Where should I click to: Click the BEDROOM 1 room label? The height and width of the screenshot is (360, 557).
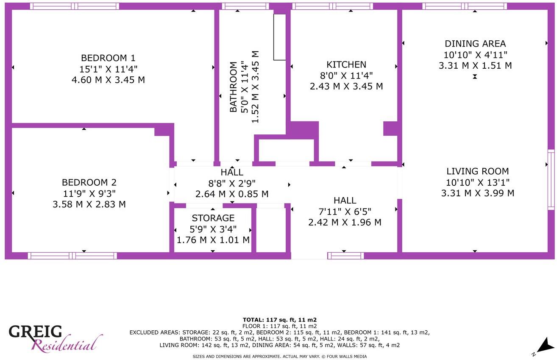(108, 58)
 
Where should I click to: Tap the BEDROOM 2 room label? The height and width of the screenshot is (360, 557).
(89, 182)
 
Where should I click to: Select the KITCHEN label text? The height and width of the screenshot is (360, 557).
(346, 64)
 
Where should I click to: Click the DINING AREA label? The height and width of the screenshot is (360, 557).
(475, 44)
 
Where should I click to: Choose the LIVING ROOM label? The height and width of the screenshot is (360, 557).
(477, 171)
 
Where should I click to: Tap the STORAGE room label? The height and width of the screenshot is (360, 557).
(213, 218)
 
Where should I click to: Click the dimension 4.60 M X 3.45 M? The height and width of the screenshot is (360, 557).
(108, 80)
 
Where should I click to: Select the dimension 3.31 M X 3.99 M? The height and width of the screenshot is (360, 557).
(477, 193)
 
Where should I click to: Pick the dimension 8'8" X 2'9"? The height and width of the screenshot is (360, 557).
(232, 183)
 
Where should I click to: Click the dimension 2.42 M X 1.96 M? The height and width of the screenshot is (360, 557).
(345, 222)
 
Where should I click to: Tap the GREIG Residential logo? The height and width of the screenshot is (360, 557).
(55, 338)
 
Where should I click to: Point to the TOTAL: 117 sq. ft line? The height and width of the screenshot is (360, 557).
(280, 320)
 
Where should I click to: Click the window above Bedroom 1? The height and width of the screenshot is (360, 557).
(75, 6)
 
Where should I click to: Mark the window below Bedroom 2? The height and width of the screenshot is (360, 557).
(72, 256)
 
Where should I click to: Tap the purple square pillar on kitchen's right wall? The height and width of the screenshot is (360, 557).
(390, 128)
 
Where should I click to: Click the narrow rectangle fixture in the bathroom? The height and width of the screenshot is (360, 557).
(280, 37)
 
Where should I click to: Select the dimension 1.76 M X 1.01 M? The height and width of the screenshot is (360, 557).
(213, 240)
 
